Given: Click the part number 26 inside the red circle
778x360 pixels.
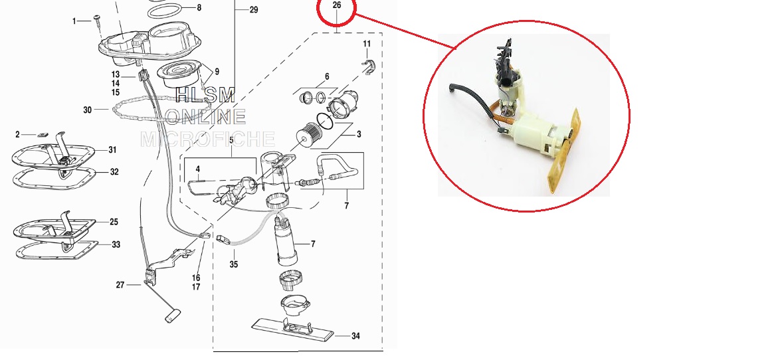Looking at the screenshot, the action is (x=336, y=5).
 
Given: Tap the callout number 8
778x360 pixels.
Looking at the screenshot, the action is (x=199, y=7).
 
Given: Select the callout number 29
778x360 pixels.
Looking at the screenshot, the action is (x=254, y=10).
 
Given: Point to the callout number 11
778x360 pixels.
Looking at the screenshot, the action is (x=367, y=44).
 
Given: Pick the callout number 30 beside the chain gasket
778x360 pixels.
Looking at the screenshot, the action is (x=87, y=110).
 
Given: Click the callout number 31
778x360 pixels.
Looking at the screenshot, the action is (x=113, y=149).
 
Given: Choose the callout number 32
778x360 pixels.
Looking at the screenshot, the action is (x=115, y=172).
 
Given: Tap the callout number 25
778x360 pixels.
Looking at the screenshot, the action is (x=114, y=222).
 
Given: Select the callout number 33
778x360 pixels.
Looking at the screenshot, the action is (x=116, y=244).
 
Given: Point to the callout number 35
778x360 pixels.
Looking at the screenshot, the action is (x=234, y=264).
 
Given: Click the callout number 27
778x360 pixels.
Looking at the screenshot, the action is (x=120, y=285).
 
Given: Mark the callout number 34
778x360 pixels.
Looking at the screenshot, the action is (x=355, y=336).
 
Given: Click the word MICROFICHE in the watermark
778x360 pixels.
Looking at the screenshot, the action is (x=208, y=139).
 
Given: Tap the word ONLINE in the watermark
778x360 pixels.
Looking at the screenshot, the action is (x=205, y=116).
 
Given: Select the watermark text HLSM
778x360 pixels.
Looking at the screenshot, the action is (x=205, y=94).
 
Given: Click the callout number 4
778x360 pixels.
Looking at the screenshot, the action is (x=197, y=169).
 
